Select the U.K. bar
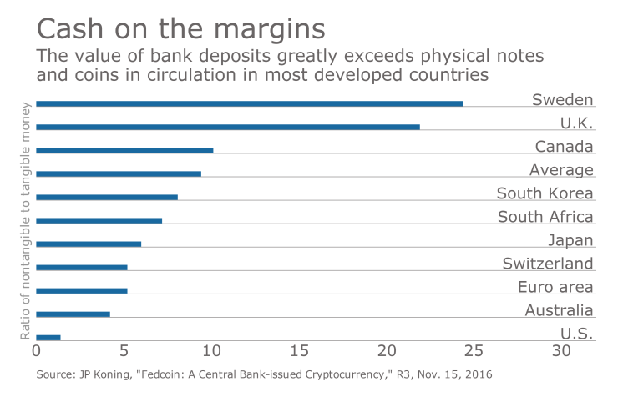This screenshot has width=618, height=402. [x=227, y=127]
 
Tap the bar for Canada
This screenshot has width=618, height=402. [x=124, y=150]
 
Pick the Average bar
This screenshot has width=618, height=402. [x=118, y=173]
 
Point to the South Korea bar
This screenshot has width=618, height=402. [x=107, y=197]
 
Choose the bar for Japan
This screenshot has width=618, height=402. [x=89, y=244]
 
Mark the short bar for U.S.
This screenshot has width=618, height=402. [x=48, y=337]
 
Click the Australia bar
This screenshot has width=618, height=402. [x=73, y=314]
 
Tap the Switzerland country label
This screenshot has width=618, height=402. [x=548, y=264]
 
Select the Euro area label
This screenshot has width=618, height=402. [x=555, y=287]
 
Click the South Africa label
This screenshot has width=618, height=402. [x=545, y=217]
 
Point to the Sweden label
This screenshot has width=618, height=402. [x=562, y=100]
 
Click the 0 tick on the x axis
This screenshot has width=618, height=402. [x=37, y=351]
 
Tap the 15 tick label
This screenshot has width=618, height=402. [x=299, y=351]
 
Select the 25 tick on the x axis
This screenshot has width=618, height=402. [x=474, y=351]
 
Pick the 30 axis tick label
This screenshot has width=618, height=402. [x=562, y=351]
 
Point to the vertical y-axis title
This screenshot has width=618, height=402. [x=25, y=220]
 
